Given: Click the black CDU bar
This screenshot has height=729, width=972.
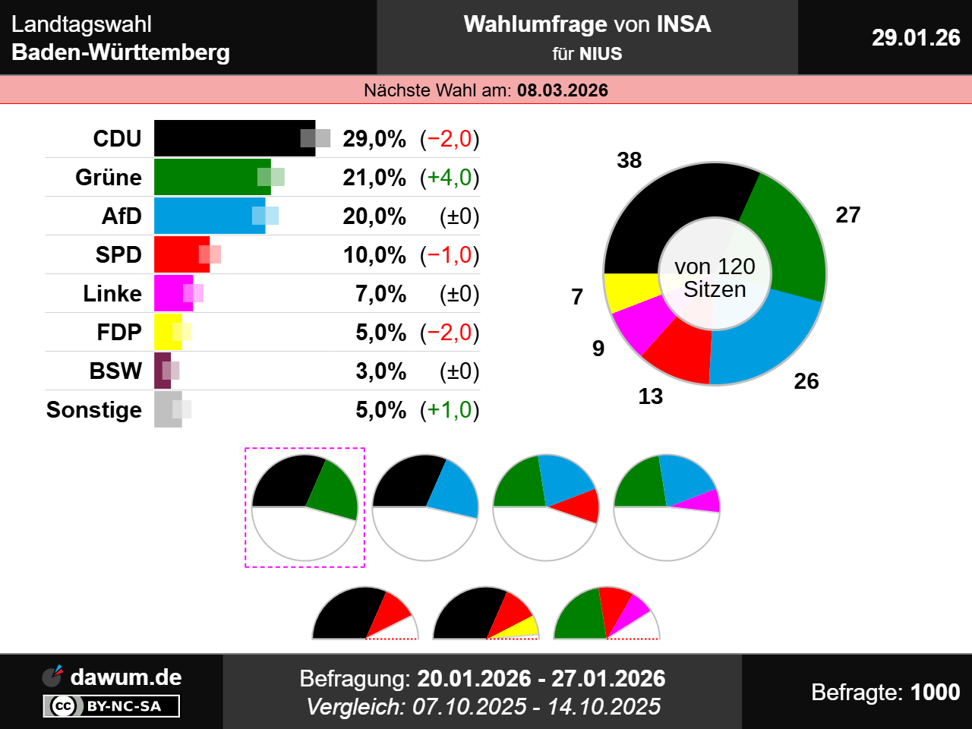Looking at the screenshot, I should [228, 138].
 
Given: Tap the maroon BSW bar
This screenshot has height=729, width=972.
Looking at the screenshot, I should [161, 371].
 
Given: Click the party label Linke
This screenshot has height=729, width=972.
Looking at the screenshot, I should [112, 294].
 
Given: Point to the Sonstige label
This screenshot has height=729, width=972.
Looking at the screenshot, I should [94, 410].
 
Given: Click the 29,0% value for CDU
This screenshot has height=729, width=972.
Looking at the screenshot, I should [374, 139].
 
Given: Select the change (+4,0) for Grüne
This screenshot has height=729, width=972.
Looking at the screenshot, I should [450, 178].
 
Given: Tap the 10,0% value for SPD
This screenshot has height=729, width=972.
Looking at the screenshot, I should [374, 255].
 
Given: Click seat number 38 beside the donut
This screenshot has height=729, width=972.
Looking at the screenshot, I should [630, 160].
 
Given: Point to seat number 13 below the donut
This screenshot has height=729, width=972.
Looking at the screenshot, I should [651, 396].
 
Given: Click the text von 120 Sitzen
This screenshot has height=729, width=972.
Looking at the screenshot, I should [715, 278].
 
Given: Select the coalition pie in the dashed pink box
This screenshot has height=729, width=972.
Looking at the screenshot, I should [305, 507].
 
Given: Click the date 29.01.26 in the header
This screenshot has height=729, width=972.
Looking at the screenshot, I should [916, 37].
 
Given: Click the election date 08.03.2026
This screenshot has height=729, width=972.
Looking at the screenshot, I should [563, 90].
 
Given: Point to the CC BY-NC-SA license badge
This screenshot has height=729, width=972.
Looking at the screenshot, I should [111, 706].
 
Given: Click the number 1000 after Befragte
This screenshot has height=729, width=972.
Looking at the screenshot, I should [935, 692].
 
